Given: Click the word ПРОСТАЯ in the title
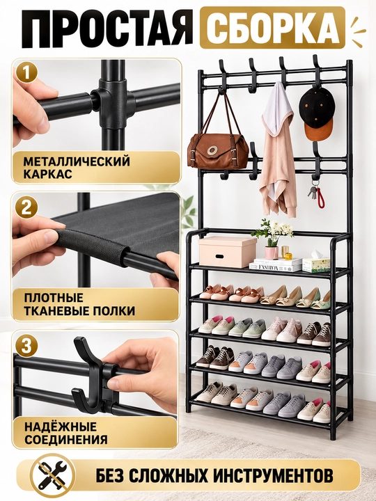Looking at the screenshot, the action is pyautogui.click(x=107, y=29).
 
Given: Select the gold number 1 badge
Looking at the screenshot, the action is pyautogui.click(x=27, y=72).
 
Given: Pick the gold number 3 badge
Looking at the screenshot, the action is pyautogui.click(x=27, y=346).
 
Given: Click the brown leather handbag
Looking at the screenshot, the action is pyautogui.click(x=218, y=145).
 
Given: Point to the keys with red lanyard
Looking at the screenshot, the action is pyautogui.click(x=316, y=193).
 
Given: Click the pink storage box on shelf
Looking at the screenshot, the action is pyautogui.click(x=227, y=251).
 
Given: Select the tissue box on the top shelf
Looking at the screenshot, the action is pyautogui.click(x=316, y=264).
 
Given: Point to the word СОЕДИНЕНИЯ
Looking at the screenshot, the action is pyautogui.click(x=66, y=439).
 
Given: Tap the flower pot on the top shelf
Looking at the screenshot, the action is pyautogui.click(x=272, y=253).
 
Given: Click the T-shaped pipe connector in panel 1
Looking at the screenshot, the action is pyautogui.click(x=113, y=102).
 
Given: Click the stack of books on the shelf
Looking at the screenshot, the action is pyautogui.click(x=275, y=264).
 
